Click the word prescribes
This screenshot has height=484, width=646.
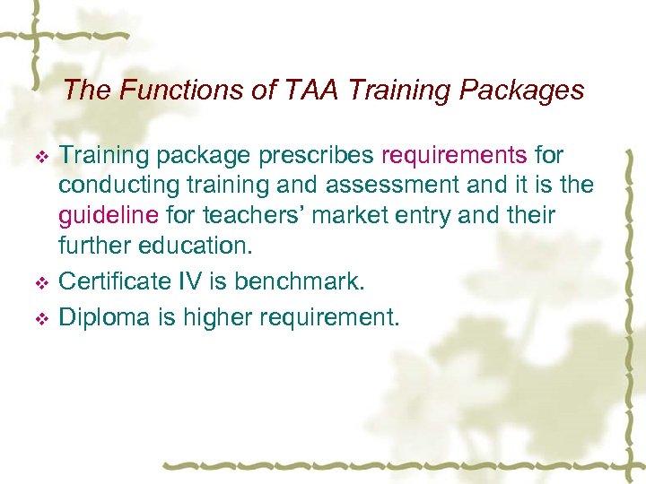pos(319,156)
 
